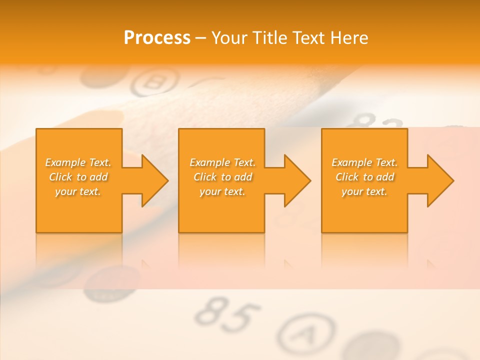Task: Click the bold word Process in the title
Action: (x=157, y=38)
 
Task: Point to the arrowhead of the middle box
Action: (x=296, y=180)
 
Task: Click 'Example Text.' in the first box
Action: (x=78, y=162)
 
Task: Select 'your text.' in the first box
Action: (x=78, y=191)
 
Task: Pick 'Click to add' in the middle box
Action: (x=222, y=177)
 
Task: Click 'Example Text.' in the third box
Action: (x=364, y=162)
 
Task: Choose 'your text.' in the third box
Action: (x=364, y=191)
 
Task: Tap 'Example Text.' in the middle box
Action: (x=222, y=162)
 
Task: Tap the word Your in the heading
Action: (x=229, y=38)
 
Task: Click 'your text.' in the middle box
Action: (x=222, y=191)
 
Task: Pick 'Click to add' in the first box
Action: (x=78, y=177)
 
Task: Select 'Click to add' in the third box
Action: (x=364, y=177)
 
